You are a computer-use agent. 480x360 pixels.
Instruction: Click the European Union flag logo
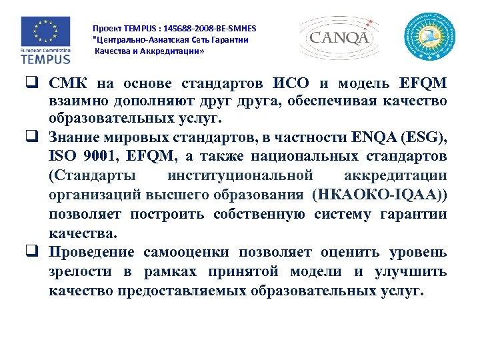pyautogui.click(x=45, y=31)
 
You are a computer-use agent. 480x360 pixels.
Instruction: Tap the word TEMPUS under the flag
pyautogui.click(x=45, y=59)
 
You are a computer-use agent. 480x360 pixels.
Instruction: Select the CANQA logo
pyautogui.click(x=339, y=37)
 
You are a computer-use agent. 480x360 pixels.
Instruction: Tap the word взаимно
pyautogui.click(x=79, y=101)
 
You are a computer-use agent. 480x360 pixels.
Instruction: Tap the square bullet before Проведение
pyautogui.click(x=31, y=253)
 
